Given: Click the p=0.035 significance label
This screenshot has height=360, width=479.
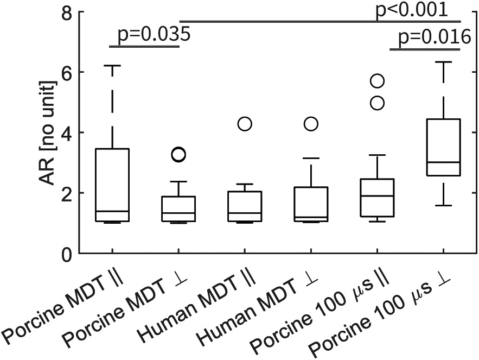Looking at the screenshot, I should pos(154,35).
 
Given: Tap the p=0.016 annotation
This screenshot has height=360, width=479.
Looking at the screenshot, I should pos(434,36).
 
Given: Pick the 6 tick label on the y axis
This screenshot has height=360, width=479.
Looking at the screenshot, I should pos(65,73).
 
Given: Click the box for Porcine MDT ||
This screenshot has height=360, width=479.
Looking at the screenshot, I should pos(112,185).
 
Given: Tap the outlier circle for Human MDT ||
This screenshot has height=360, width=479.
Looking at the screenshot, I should pos(245,124).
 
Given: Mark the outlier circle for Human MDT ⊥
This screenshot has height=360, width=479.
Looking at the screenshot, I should pos(311,124).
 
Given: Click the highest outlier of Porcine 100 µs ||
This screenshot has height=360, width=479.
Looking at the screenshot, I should pos(377,81).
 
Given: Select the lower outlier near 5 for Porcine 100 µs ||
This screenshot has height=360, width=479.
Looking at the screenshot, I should pos(377,103).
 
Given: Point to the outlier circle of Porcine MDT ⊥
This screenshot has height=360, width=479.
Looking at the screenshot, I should pos(178,155).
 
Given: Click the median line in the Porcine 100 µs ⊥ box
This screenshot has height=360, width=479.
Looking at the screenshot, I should pos(444,162).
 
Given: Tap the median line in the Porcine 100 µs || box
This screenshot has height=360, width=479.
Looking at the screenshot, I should pos(377,195).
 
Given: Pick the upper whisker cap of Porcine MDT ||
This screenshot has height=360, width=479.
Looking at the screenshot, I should pos(112,66).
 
